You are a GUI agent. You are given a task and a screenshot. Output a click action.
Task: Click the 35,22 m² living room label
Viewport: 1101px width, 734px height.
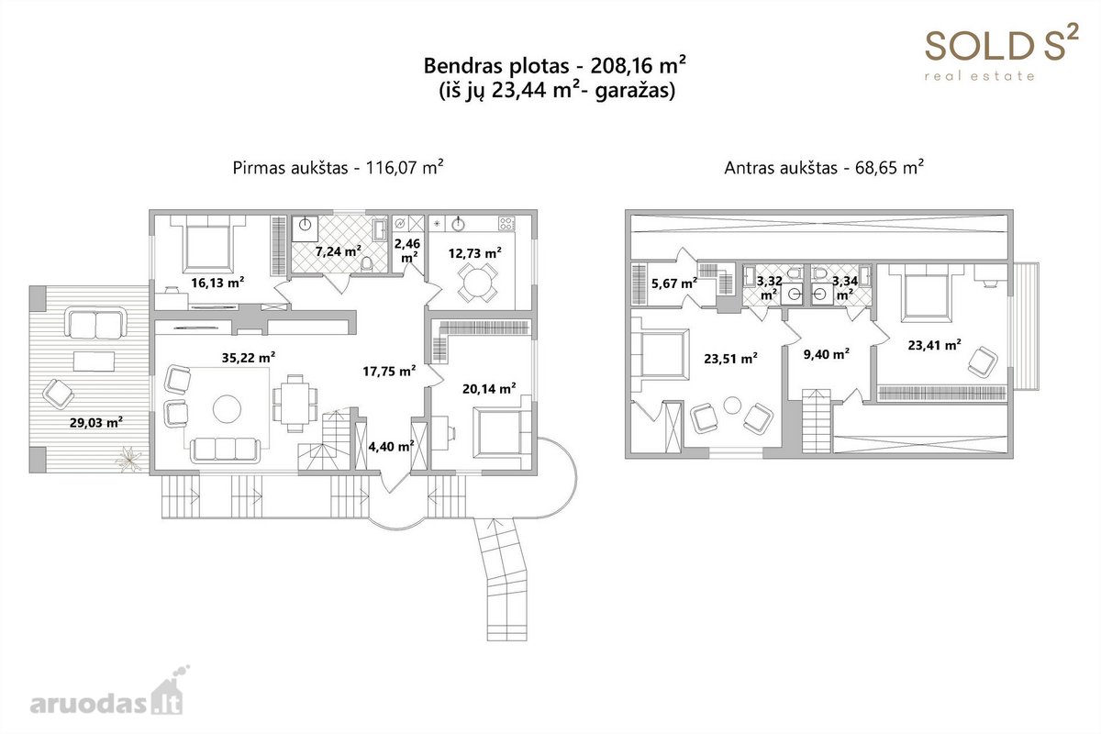click(x=249, y=357)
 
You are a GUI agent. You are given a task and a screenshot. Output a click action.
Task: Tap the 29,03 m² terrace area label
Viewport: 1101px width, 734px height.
click(x=96, y=422)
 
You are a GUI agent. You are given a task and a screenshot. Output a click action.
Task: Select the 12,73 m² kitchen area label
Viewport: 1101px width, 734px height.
click(x=475, y=252)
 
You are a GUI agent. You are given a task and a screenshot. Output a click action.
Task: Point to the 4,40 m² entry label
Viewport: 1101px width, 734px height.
click(x=391, y=446)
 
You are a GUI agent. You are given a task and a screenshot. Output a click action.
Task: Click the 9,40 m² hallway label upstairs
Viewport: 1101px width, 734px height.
click(x=827, y=353)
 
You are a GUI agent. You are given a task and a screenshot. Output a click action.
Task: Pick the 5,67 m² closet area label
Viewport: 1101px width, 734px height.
click(x=674, y=283)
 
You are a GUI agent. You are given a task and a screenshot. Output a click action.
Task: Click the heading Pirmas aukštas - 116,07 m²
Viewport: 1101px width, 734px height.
click(x=339, y=167)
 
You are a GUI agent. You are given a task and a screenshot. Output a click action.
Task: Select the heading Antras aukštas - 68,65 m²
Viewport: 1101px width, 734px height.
click(x=824, y=167)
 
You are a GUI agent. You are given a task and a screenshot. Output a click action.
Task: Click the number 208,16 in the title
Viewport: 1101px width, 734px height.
click(x=621, y=66)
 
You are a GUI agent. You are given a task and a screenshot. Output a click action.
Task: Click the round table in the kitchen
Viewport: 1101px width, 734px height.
click(x=477, y=283)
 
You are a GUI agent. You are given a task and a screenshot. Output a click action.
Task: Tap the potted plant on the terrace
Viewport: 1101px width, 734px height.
click(x=128, y=459)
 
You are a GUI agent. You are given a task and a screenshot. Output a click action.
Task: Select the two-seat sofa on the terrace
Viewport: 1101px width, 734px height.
click(x=95, y=324)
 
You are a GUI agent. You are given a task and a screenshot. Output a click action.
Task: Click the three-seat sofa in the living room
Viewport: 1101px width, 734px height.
click(x=225, y=450)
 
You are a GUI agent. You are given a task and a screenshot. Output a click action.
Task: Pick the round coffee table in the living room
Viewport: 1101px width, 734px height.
click(x=228, y=409)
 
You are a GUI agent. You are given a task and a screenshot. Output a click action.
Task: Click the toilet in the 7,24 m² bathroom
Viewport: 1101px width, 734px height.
click(x=367, y=264)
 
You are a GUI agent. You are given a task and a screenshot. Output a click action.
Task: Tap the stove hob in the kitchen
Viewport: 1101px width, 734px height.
click(x=506, y=224)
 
